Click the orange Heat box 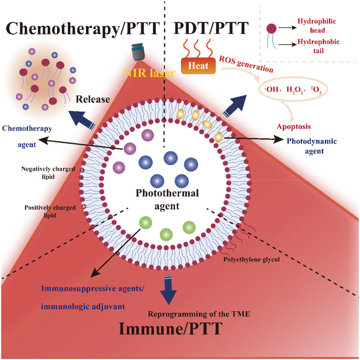pyautogui.click(x=198, y=66)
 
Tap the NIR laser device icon pyautogui.click(x=137, y=52)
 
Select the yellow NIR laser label pyautogui.click(x=149, y=73)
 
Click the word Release pyautogui.click(x=93, y=99)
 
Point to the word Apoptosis pyautogui.click(x=294, y=126)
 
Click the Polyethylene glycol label pyautogui.click(x=252, y=259)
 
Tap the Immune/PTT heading pyautogui.click(x=171, y=329)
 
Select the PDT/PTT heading pyautogui.click(x=211, y=28)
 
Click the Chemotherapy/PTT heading pyautogui.click(x=83, y=29)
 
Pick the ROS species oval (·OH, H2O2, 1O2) pyautogui.click(x=293, y=89)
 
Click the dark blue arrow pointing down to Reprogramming pyautogui.click(x=168, y=290)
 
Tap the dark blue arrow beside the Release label pyautogui.click(x=82, y=120)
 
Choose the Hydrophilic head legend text pyautogui.click(x=317, y=26)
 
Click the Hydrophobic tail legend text pyautogui.click(x=318, y=46)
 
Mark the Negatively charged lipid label pyautogui.click(x=48, y=173)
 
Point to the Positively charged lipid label pyautogui.click(x=50, y=211)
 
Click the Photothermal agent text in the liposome pyautogui.click(x=167, y=199)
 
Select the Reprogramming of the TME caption pyautogui.click(x=199, y=314)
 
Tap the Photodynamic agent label pyautogui.click(x=312, y=146)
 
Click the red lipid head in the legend pyautogui.click(x=271, y=29)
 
